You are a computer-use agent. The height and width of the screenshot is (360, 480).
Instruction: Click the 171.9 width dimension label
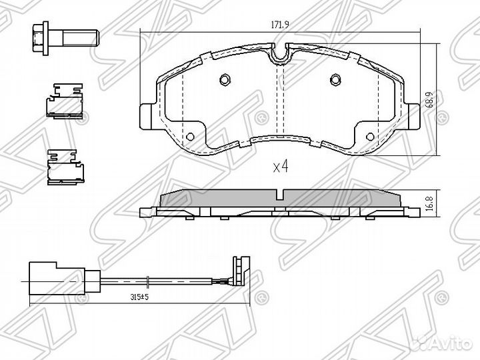(280, 25)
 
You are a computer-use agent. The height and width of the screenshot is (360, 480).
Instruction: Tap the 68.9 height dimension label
(430, 99)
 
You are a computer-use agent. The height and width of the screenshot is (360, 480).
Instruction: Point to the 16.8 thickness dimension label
(430, 203)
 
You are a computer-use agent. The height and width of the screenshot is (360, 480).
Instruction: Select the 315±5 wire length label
(139, 297)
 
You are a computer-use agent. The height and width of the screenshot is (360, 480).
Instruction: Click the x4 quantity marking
(281, 167)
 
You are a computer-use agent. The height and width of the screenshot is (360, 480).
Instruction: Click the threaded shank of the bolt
(81, 38)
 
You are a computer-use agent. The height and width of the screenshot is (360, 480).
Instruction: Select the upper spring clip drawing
(64, 100)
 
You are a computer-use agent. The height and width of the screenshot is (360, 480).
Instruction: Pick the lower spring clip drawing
(65, 167)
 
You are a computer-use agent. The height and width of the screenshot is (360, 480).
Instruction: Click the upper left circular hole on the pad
(225, 79)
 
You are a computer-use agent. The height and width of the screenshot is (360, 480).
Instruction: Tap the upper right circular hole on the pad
(335, 79)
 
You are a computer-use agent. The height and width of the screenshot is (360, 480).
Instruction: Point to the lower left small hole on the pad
(190, 136)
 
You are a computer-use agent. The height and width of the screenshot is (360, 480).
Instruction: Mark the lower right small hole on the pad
(370, 136)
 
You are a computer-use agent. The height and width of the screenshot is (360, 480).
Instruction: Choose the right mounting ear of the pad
(412, 116)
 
